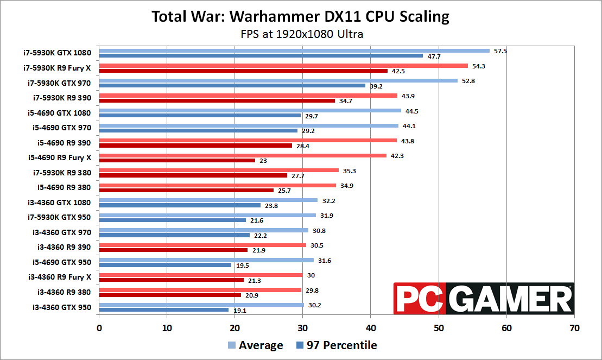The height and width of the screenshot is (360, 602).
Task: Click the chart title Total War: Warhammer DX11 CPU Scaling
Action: tap(300, 17)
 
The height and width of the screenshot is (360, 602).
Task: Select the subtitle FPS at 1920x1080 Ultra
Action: tap(302, 34)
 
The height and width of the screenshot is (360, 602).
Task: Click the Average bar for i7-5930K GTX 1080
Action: tap(294, 50)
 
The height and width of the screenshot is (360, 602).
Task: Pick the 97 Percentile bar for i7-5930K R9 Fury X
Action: tap(243, 71)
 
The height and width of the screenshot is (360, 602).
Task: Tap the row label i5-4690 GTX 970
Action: tap(60, 128)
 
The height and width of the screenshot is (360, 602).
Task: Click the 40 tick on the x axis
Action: tap(370, 328)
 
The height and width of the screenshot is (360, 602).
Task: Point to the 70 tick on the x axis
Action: tap(574, 328)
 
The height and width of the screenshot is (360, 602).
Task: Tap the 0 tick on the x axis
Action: tap(99, 328)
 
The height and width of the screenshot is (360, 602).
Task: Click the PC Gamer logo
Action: tap(484, 298)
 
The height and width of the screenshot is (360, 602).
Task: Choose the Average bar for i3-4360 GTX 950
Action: tap(201, 305)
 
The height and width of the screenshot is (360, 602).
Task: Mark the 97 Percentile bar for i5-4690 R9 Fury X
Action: tap(177, 161)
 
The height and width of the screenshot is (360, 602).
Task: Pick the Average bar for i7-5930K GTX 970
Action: tap(278, 80)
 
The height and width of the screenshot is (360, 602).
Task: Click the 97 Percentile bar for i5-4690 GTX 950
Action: tap(165, 265)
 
